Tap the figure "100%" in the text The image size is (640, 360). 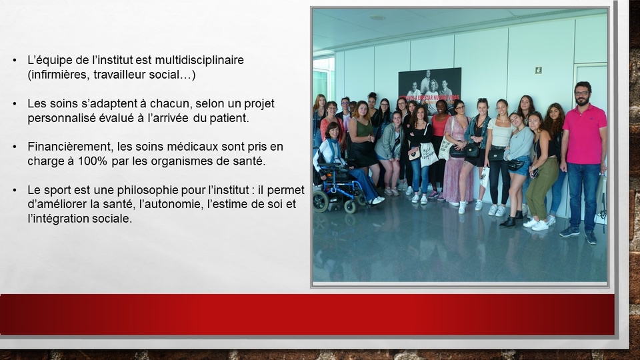[92, 161]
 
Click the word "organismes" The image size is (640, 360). [179, 161]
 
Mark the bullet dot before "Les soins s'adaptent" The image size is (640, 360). [15, 104]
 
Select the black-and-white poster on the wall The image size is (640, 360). [430, 91]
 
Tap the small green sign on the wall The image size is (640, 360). [539, 70]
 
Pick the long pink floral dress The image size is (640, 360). [456, 165]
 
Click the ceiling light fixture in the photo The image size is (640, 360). [377, 17]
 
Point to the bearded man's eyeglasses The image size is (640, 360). [582, 93]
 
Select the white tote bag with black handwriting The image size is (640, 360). [429, 155]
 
